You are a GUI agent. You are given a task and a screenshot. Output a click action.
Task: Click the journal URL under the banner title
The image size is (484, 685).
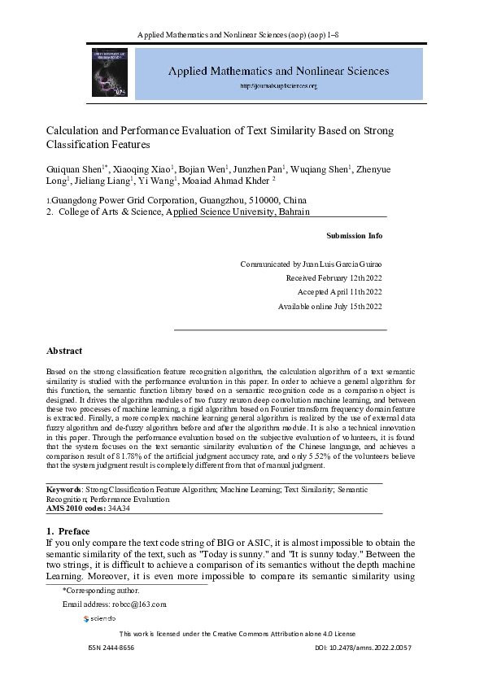(279, 85)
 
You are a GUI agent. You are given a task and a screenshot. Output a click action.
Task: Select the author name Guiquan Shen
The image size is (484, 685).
(72, 169)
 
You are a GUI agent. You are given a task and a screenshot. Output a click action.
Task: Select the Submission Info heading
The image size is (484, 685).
(354, 236)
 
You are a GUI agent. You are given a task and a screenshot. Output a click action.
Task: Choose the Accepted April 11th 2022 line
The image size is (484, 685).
(339, 292)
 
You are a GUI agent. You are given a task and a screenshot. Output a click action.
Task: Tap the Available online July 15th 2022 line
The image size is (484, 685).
(330, 306)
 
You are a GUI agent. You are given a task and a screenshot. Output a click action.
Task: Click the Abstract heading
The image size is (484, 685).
(64, 351)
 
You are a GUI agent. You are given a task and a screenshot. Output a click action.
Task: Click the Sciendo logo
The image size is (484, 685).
(100, 619)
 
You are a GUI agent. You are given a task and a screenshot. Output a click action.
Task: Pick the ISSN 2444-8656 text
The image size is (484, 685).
(111, 648)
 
